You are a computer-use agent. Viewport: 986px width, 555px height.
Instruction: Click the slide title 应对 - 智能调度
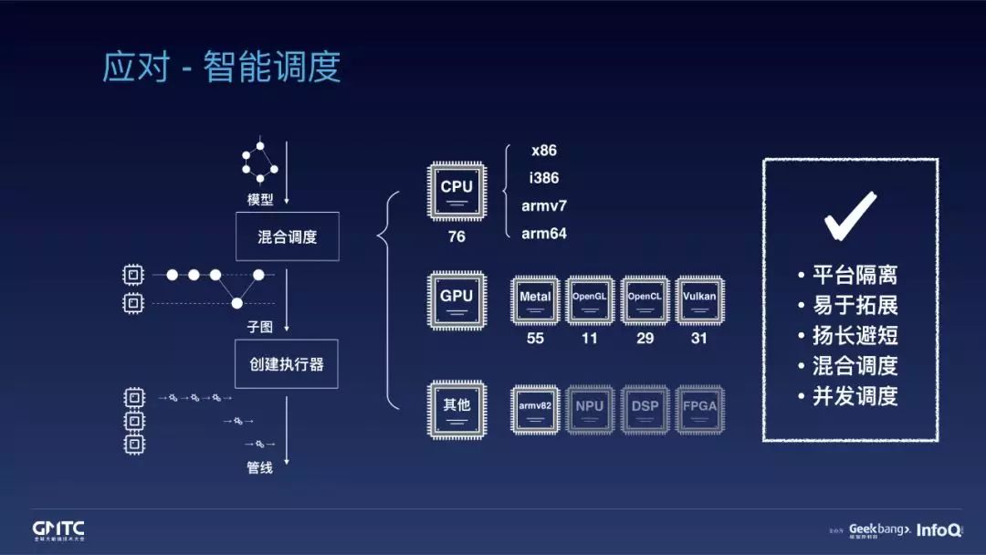tap(222, 68)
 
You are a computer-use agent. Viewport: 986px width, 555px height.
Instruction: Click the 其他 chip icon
tap(456, 408)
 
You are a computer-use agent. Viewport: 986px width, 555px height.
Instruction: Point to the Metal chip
tap(535, 299)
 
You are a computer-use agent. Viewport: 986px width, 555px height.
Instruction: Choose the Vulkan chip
tap(699, 299)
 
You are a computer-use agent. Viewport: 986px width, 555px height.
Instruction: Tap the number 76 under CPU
tap(456, 236)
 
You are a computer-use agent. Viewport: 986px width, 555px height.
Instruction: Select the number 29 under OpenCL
tap(645, 338)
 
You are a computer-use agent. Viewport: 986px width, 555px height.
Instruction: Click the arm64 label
tap(544, 234)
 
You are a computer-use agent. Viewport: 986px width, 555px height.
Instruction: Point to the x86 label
tap(544, 151)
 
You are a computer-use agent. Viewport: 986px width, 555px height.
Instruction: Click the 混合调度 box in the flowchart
tap(288, 237)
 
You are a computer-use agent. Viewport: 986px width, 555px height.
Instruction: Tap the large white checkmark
tap(850, 215)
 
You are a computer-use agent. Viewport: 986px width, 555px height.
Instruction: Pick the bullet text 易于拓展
tap(855, 305)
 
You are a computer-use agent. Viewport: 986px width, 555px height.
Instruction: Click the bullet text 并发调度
tap(855, 396)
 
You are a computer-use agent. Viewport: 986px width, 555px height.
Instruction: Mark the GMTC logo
tap(58, 530)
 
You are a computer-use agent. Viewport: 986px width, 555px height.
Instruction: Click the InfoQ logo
tap(938, 530)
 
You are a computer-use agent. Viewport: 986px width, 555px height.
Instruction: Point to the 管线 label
tap(260, 468)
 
